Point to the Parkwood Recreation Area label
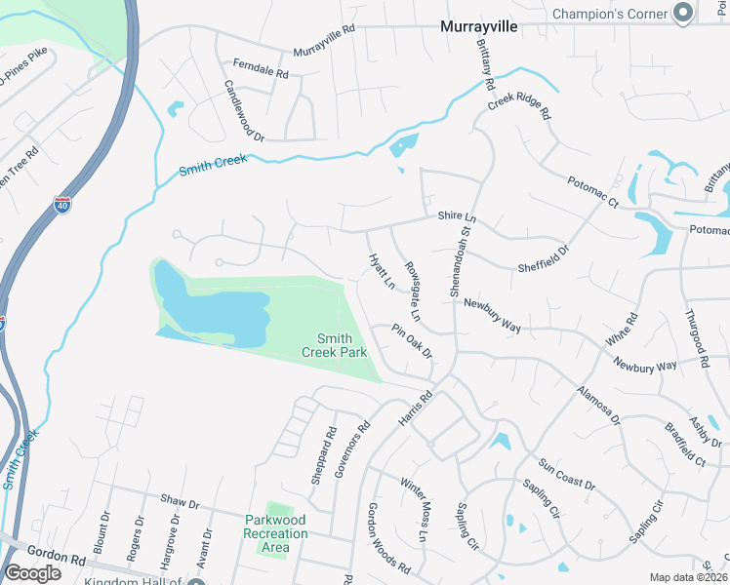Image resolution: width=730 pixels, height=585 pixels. [x=276, y=534]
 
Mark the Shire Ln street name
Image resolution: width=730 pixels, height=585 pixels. [x=456, y=216]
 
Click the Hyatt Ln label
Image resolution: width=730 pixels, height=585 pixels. [x=382, y=272]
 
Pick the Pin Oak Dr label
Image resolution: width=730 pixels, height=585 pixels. [x=412, y=341]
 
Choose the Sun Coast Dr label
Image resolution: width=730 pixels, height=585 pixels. [x=566, y=474]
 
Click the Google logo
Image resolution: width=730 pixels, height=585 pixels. [x=32, y=572]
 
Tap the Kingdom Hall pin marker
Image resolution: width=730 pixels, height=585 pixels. [x=196, y=581]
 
